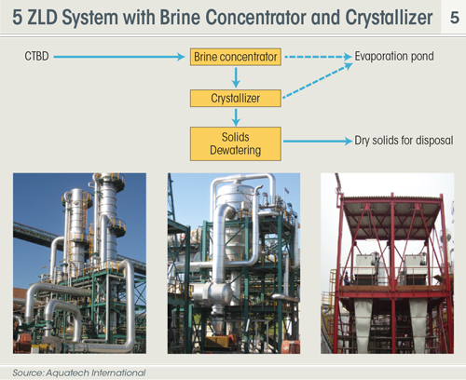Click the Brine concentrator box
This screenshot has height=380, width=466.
coord(236,57)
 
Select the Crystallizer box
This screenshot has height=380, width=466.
coord(236,99)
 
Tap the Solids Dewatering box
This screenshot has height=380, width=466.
coord(236,143)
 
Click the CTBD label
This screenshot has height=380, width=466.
coord(36,57)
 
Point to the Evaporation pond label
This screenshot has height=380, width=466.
coord(394,57)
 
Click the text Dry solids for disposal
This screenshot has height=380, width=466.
coord(404,141)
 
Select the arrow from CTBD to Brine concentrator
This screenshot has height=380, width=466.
coord(119,57)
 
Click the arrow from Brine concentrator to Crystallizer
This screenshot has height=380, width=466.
coord(236,77)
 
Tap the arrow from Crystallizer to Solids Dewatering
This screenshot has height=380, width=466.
coord(236,117)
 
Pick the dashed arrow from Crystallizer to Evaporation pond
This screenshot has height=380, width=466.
coord(318,81)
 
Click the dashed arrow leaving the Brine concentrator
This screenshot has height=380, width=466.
coord(318,57)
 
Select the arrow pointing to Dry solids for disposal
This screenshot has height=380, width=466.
coord(318,141)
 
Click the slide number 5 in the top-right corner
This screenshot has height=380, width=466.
coord(455,18)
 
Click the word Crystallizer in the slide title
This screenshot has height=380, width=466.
coord(389,18)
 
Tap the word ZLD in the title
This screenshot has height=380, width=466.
coord(42,18)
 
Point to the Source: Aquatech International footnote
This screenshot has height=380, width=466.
coord(79,373)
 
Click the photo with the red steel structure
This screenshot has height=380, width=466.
coord(388,264)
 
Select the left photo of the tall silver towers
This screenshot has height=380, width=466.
coord(79,264)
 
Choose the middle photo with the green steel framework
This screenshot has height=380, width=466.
coord(234,264)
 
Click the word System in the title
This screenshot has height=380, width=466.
coord(90,18)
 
